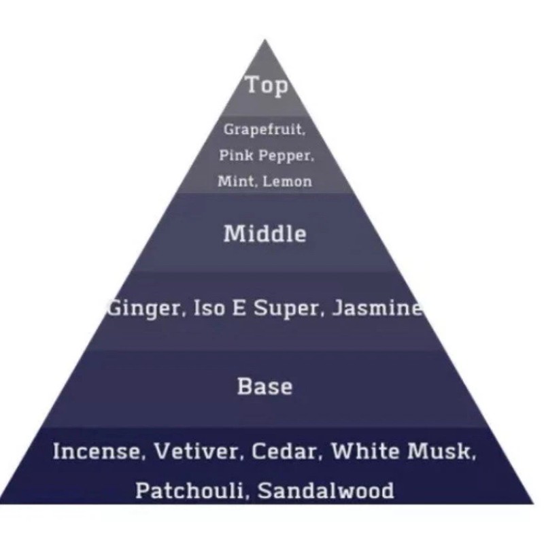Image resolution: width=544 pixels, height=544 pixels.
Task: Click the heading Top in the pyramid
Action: pyautogui.click(x=266, y=86)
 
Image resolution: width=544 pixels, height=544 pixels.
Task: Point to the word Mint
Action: pyautogui.click(x=232, y=181)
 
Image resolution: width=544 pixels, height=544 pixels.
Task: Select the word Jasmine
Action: pyautogui.click(x=377, y=309)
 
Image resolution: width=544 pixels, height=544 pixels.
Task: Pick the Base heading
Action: pyautogui.click(x=265, y=386)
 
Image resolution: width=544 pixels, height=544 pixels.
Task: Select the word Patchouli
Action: pyautogui.click(x=182, y=490)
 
